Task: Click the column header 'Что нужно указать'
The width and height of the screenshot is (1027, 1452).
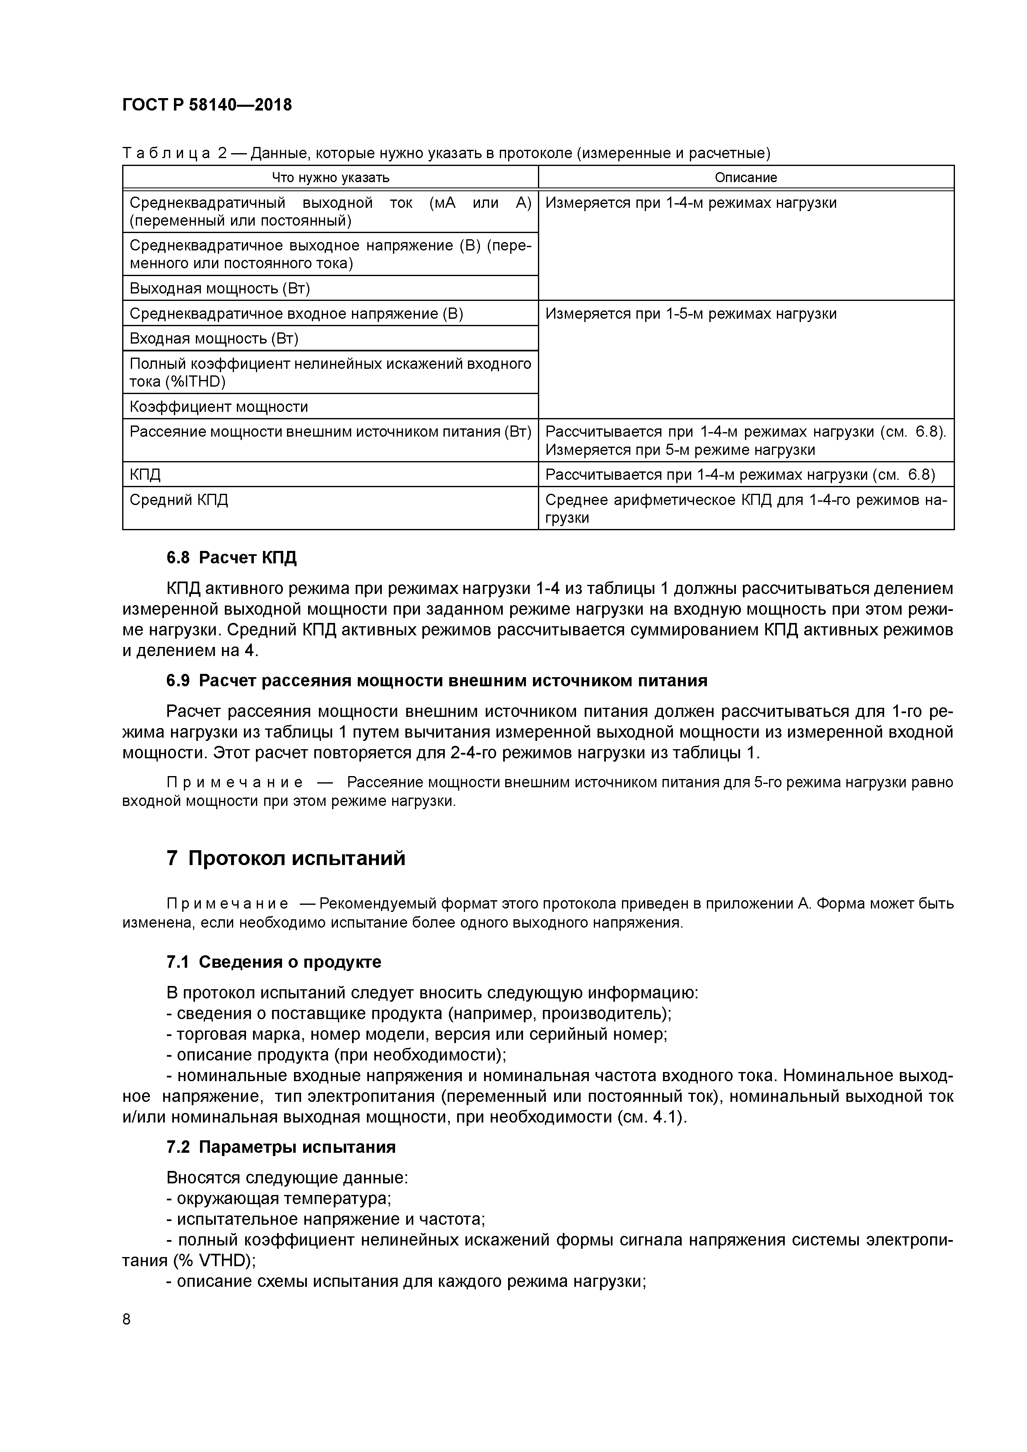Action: (330, 178)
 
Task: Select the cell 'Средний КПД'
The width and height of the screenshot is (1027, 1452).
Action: (178, 500)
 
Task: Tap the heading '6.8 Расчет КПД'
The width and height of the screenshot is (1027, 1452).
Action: (231, 558)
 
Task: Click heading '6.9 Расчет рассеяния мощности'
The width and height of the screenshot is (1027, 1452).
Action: (436, 680)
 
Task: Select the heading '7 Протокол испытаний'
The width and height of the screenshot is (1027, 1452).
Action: (285, 858)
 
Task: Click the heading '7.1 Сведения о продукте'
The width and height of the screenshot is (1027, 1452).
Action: (273, 962)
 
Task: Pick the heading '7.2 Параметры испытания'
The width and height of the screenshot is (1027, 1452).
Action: (281, 1147)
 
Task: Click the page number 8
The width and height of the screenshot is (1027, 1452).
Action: (127, 1319)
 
